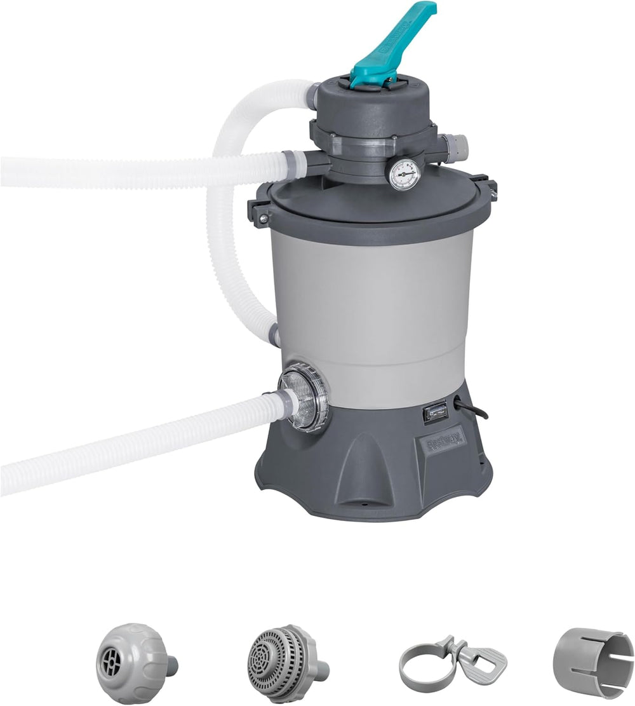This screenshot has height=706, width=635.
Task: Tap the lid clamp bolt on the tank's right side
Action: [x=490, y=190]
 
